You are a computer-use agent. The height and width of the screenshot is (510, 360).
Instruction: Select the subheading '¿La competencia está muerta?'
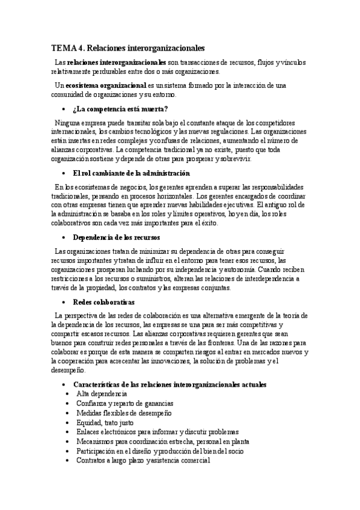pyautogui.click(x=120, y=109)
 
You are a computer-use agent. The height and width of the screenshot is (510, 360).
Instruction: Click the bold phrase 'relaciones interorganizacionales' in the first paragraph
pyautogui.click(x=117, y=62)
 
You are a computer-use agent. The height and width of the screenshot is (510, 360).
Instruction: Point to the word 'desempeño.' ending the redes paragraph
pyautogui.click(x=69, y=370)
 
